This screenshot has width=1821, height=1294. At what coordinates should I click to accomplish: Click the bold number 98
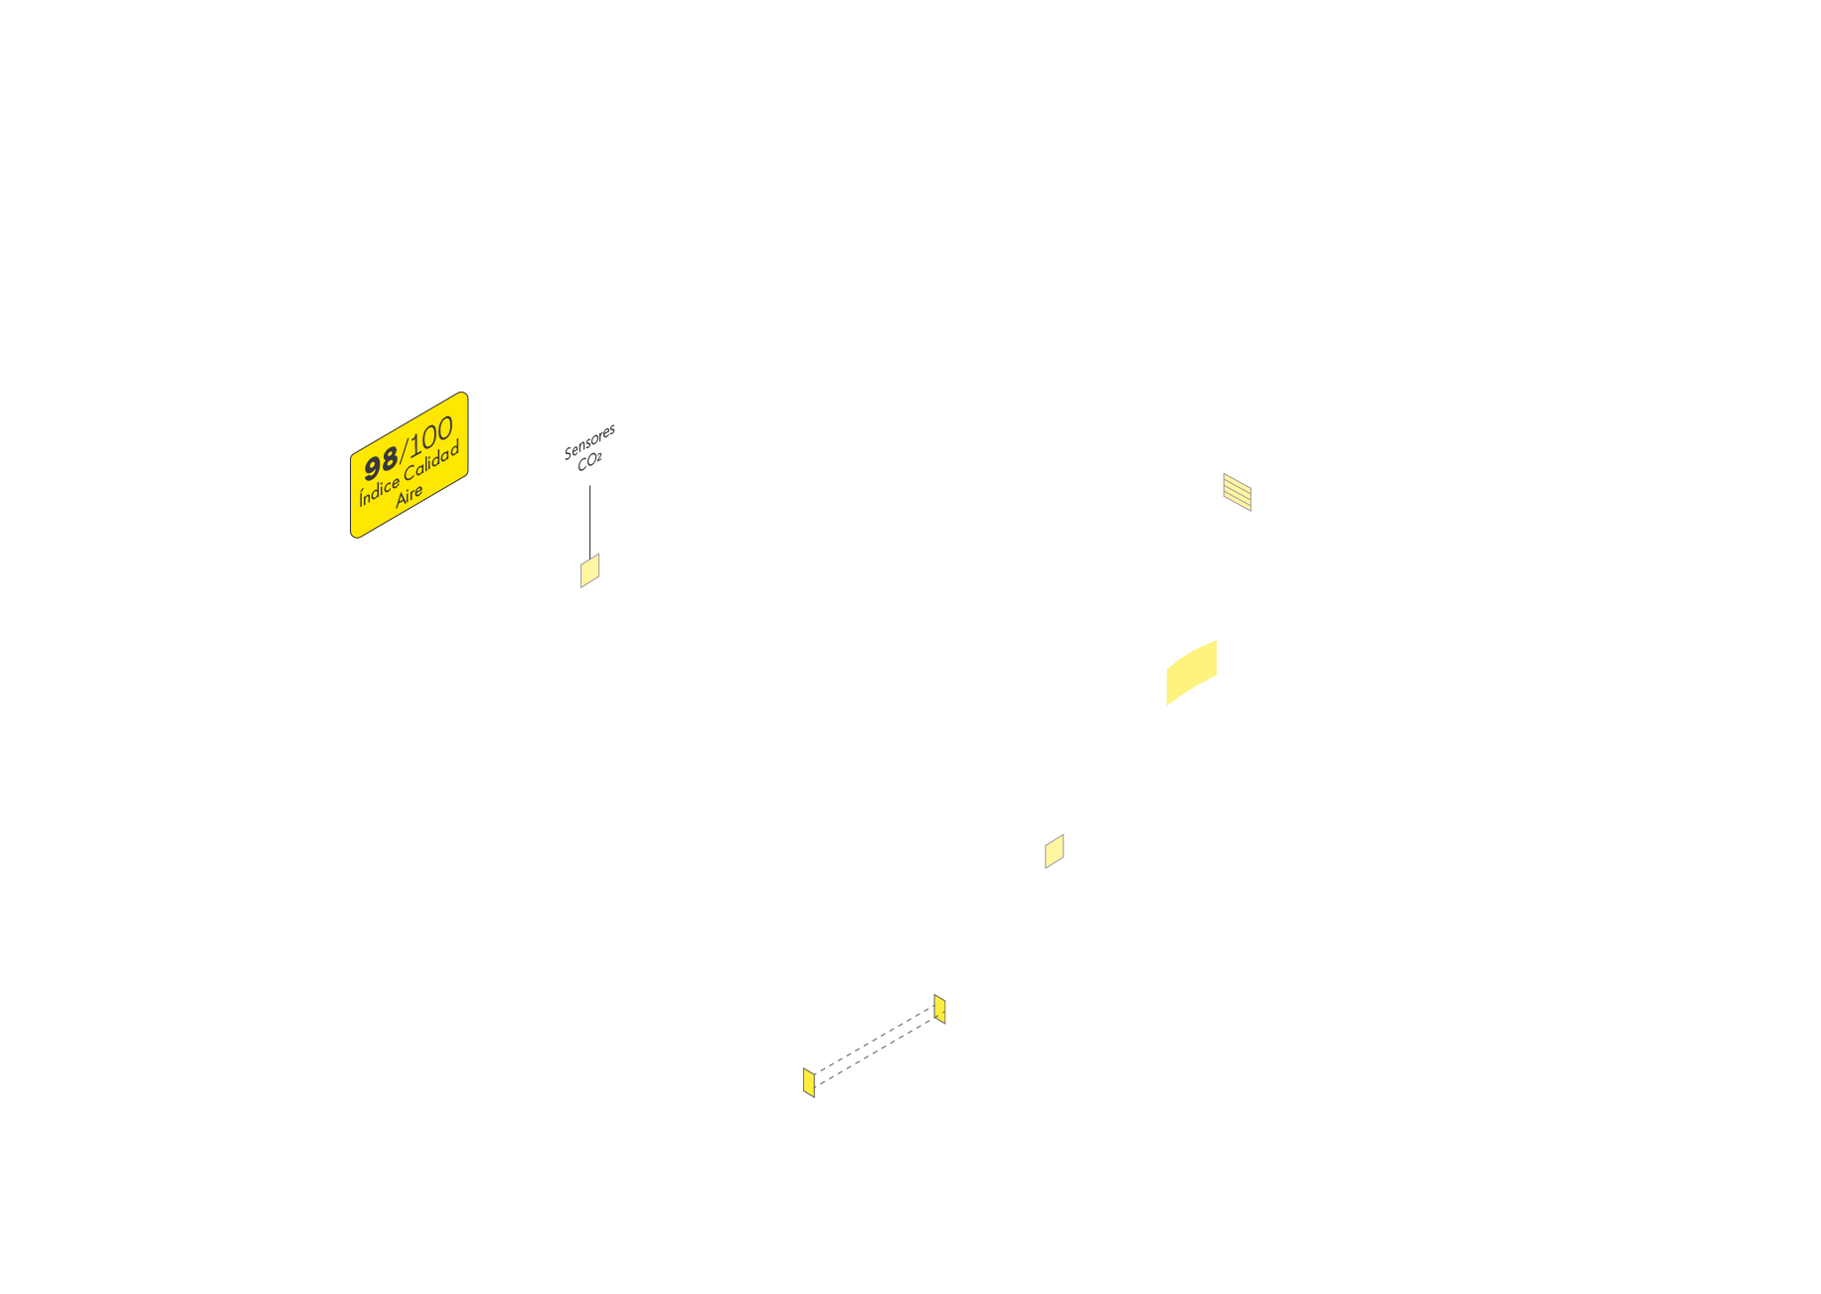(381, 463)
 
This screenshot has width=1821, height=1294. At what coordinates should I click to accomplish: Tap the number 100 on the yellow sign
(431, 435)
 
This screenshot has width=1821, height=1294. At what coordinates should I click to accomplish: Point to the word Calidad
(431, 462)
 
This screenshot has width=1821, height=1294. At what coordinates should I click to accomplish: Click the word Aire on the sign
(409, 495)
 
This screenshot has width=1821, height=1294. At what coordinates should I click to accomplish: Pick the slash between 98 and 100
(403, 450)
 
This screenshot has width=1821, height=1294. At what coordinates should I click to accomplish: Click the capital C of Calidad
(409, 473)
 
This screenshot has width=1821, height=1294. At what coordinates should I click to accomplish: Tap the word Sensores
(589, 442)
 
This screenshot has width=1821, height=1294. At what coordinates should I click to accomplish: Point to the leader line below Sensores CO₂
(590, 522)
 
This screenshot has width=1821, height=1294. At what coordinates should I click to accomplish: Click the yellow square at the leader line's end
(589, 571)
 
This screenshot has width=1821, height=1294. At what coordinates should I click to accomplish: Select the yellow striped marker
(1237, 492)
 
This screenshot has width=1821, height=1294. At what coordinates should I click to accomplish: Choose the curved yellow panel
(1191, 673)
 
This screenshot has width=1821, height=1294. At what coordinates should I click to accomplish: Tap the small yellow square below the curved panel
(1054, 852)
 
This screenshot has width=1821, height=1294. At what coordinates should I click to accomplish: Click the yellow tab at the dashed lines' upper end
(939, 1009)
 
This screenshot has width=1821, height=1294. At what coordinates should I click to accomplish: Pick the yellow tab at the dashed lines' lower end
(809, 1082)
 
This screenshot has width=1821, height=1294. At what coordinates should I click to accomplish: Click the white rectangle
(1134, 1057)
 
